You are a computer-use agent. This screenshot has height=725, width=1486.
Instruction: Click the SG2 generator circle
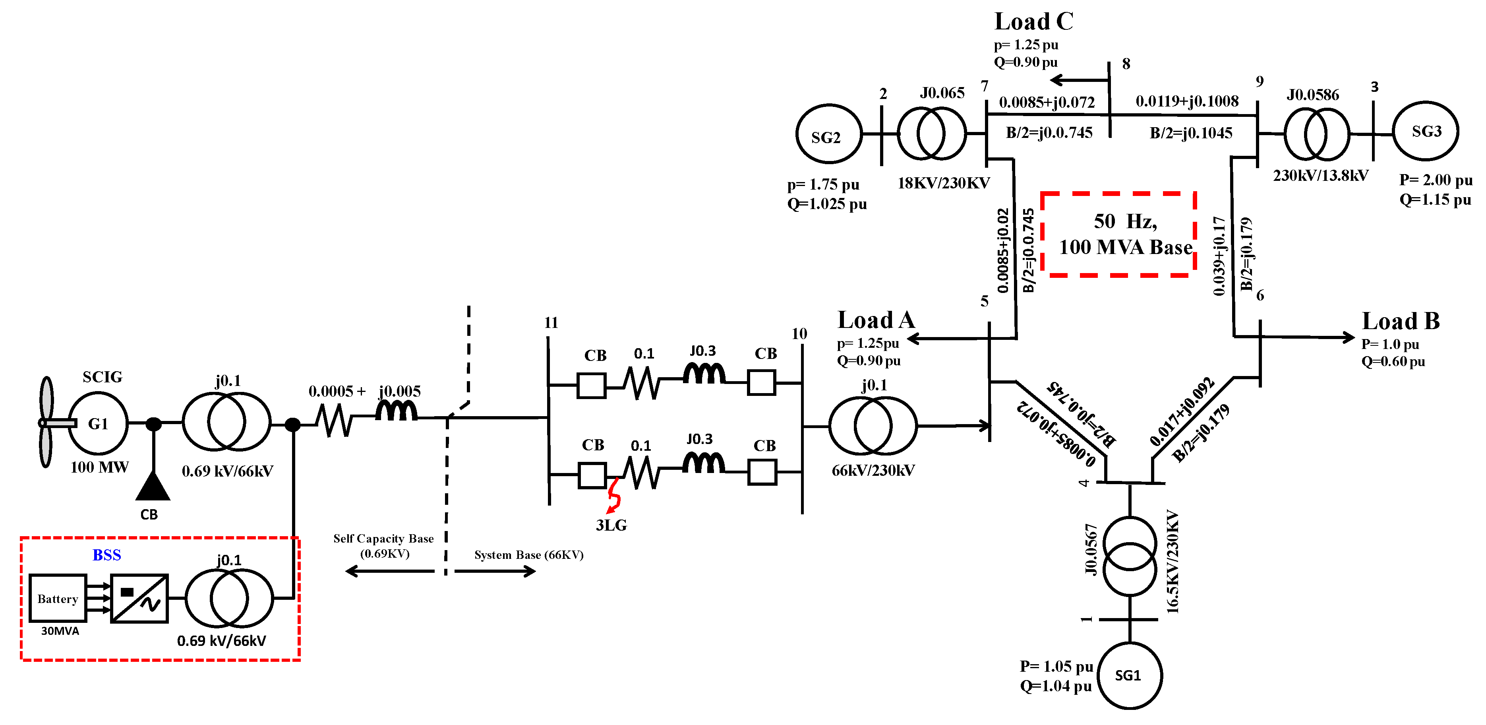tap(828, 134)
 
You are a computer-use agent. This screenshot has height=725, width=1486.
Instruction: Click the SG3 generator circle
tap(1426, 132)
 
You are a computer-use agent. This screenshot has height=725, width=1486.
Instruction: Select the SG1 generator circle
tap(1129, 675)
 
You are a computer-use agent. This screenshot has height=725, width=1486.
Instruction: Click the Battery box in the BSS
tap(58, 599)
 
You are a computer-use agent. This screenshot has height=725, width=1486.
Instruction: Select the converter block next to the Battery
tap(139, 599)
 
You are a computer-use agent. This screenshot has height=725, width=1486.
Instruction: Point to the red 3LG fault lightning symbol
tap(614, 496)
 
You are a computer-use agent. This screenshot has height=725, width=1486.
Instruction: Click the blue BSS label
tap(107, 555)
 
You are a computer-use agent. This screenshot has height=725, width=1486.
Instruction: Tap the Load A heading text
tap(876, 320)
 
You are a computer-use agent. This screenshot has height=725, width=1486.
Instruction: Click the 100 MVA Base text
tap(1126, 248)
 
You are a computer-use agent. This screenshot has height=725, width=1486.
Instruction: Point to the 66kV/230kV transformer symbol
tap(873, 426)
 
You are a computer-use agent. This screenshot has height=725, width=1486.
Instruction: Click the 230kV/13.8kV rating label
tap(1320, 175)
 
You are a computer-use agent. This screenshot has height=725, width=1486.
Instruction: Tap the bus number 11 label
tap(551, 323)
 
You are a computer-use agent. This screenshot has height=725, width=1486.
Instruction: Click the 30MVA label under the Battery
tap(60, 631)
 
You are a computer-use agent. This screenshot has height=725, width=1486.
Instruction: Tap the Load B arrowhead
tap(1348, 337)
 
